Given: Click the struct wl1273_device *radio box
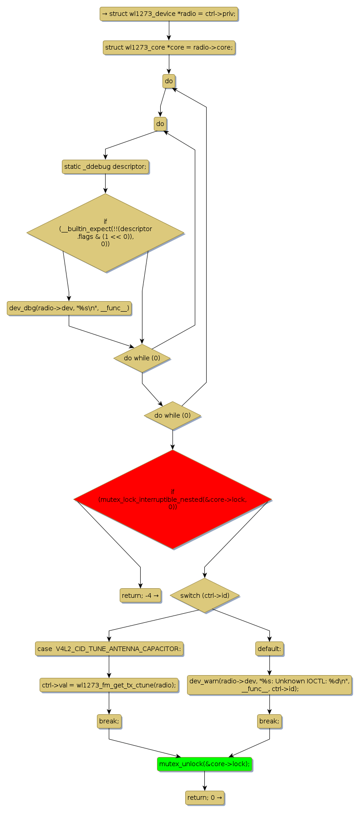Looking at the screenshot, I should pyautogui.click(x=169, y=14).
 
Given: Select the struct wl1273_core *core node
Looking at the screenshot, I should pyautogui.click(x=169, y=47).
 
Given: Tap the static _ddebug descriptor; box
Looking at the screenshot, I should pyautogui.click(x=105, y=167).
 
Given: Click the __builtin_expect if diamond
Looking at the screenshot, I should pyautogui.click(x=105, y=233).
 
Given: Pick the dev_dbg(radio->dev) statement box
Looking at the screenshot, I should pyautogui.click(x=69, y=308).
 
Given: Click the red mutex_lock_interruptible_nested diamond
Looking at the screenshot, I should pyautogui.click(x=172, y=499).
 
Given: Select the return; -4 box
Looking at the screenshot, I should pyautogui.click(x=140, y=595).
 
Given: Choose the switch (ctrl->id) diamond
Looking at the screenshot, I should pyautogui.click(x=204, y=595).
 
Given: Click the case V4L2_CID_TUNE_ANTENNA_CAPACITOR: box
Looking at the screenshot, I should pyautogui.click(x=109, y=649).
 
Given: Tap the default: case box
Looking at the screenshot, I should pyautogui.click(x=269, y=649).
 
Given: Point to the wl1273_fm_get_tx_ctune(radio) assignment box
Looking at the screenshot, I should pyautogui.click(x=109, y=685).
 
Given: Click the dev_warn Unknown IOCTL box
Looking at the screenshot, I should pyautogui.click(x=269, y=685).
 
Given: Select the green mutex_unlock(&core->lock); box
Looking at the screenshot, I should pyautogui.click(x=204, y=764).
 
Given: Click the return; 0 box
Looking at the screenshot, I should pyautogui.click(x=204, y=798).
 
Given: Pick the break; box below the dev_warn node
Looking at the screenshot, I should pyautogui.click(x=269, y=721).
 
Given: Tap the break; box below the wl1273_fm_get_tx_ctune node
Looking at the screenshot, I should pyautogui.click(x=109, y=721).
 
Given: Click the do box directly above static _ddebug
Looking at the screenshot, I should pyautogui.click(x=160, y=124).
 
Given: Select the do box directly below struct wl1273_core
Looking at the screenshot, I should pyautogui.click(x=169, y=81).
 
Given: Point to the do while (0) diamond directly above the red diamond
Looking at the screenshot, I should pyautogui.click(x=172, y=415).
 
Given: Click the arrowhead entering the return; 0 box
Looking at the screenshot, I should pyautogui.click(x=204, y=788).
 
